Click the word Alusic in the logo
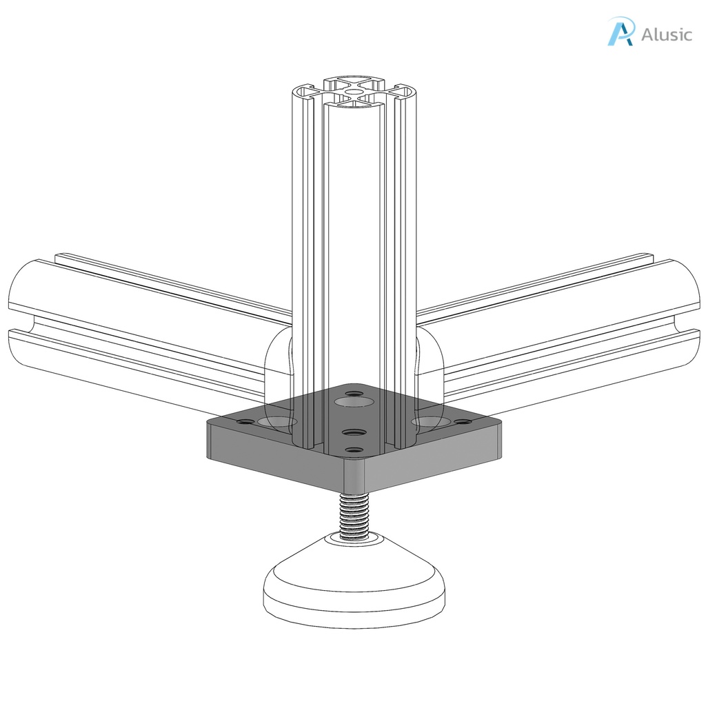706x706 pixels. point(666,34)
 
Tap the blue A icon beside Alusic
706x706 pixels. point(620,32)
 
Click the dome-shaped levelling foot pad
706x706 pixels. point(354,586)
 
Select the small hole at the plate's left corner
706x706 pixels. point(245,420)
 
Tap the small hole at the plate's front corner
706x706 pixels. point(354,450)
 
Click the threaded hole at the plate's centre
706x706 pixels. point(353,432)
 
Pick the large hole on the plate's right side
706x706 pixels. point(429,420)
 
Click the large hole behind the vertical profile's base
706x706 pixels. point(351,401)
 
